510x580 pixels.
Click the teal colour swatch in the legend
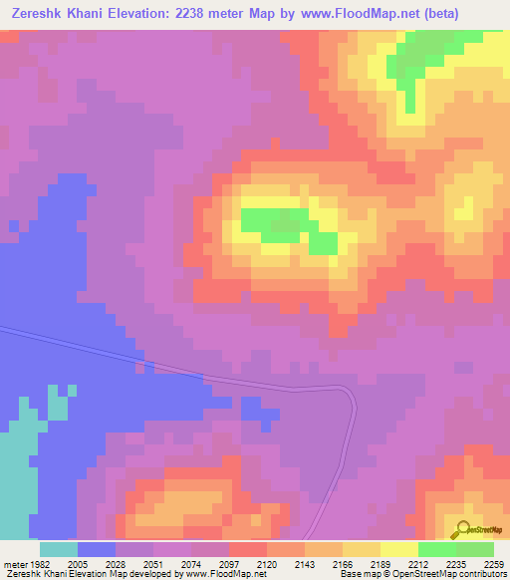click(59, 549)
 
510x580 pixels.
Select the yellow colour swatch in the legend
click(399, 549)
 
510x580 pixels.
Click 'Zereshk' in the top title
click(41, 14)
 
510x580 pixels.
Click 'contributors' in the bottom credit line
click(484, 574)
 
